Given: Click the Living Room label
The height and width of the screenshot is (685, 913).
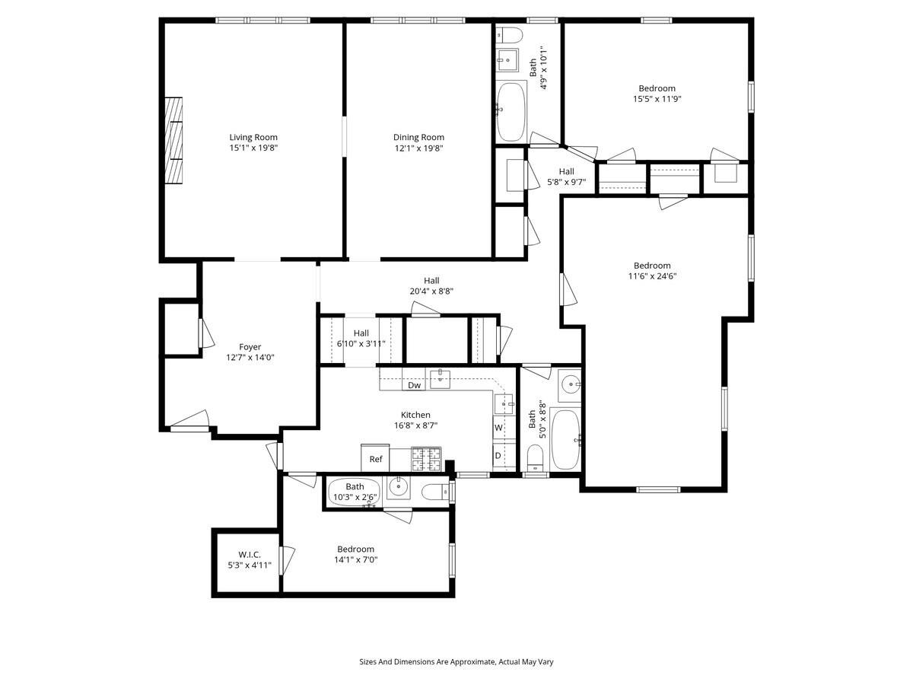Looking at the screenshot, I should coord(253,137).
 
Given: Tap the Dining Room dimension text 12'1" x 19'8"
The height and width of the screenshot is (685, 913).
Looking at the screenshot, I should coord(418,148).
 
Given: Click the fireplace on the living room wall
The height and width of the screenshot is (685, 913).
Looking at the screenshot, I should coord(175,140).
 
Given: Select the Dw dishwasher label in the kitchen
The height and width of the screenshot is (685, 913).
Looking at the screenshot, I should coord(414,385).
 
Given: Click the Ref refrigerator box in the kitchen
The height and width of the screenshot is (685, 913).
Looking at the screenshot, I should coord(376,458).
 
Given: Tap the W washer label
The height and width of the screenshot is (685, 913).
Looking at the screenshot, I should coord(498,428).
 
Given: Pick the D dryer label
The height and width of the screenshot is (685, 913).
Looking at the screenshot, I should coord(498,456).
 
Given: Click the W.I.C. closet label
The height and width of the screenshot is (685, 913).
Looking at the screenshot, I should coord(250,555).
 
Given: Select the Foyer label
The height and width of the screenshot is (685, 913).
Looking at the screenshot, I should coord(250,347).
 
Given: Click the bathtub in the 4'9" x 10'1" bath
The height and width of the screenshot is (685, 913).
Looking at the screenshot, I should coord(511,111).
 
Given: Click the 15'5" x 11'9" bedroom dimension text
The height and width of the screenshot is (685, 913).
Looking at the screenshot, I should coord(657,98).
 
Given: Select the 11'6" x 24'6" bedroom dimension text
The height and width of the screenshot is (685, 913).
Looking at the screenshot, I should coord(652,276).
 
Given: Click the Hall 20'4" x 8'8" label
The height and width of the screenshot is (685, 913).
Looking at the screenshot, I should coord(431,285).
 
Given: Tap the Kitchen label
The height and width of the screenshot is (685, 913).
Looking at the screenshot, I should coord(416,415).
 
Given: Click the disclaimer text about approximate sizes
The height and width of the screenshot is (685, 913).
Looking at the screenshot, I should coord(456,661).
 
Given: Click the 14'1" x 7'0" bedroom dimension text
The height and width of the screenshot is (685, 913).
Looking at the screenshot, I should coord(356,559).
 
